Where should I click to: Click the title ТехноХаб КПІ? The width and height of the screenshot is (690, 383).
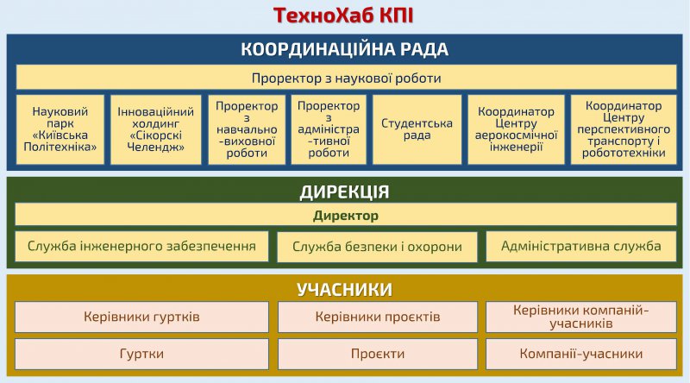pos(343,16)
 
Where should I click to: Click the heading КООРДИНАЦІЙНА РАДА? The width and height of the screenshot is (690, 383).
pos(344,49)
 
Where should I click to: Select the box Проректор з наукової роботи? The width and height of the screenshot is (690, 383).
pos(347,78)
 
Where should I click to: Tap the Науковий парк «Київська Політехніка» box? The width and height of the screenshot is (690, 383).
pos(60,129)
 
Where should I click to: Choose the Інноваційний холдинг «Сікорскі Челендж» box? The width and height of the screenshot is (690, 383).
pos(156,129)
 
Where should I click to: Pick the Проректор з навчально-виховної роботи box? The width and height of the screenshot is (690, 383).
pos(247,129)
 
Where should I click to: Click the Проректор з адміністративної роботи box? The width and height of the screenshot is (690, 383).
pos(329,129)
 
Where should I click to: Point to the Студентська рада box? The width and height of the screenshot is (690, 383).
pos(417,129)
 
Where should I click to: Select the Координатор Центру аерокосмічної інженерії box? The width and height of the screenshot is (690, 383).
pos(516,129)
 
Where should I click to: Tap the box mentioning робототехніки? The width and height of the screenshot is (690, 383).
pos(624,129)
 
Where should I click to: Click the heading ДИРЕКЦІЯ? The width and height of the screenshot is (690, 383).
pos(344,192)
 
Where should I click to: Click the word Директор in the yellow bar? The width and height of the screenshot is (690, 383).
pos(346,216)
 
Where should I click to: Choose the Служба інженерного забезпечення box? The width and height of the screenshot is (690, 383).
pos(141,246)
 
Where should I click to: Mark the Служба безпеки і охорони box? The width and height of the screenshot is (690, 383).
pos(377,247)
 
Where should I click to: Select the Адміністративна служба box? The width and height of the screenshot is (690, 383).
pos(581,246)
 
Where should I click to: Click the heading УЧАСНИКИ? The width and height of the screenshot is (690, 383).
pos(344,290)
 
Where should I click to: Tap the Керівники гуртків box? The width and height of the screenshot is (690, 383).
pos(141,317)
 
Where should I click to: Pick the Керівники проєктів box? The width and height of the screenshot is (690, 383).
pos(378,317)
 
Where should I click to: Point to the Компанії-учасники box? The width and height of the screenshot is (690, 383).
pos(581,354)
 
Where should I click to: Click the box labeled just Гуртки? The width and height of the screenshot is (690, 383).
pos(141,354)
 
